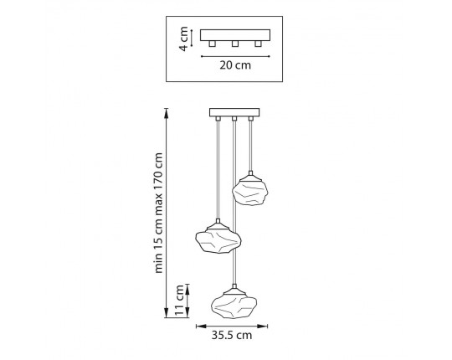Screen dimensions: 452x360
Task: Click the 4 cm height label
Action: click(x=183, y=39)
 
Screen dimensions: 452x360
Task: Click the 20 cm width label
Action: click(x=235, y=65)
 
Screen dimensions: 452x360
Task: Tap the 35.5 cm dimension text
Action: click(x=232, y=335)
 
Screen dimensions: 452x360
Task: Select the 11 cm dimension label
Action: click(x=179, y=301)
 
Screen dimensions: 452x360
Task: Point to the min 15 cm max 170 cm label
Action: click(x=158, y=213)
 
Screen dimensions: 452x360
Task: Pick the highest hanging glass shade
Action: click(x=250, y=191)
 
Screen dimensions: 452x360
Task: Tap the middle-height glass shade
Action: click(x=218, y=239)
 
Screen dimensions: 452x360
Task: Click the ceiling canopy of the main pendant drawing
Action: click(x=234, y=112)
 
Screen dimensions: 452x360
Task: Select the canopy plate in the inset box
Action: click(x=235, y=35)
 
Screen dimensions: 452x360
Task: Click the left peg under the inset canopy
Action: click(x=212, y=44)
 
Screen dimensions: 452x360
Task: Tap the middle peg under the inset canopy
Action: click(x=235, y=44)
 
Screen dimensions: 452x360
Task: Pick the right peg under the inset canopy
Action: click(x=258, y=44)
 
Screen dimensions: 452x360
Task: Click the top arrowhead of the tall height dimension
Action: click(x=166, y=112)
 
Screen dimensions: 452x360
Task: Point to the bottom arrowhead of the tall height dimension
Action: click(x=166, y=313)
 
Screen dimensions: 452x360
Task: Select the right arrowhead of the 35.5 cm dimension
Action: click(x=262, y=327)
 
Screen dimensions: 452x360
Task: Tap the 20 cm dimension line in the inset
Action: click(x=235, y=56)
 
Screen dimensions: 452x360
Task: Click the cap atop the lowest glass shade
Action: click(x=234, y=290)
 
